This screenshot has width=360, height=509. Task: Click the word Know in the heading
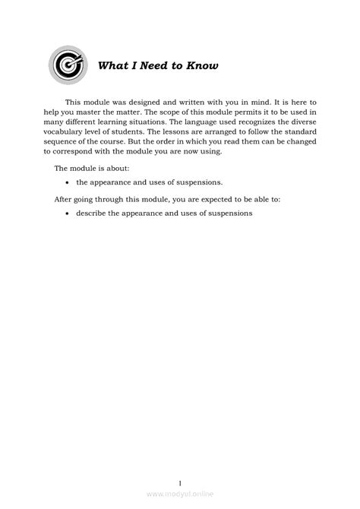[203, 66]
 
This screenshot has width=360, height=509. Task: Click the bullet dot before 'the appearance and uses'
[68, 183]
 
